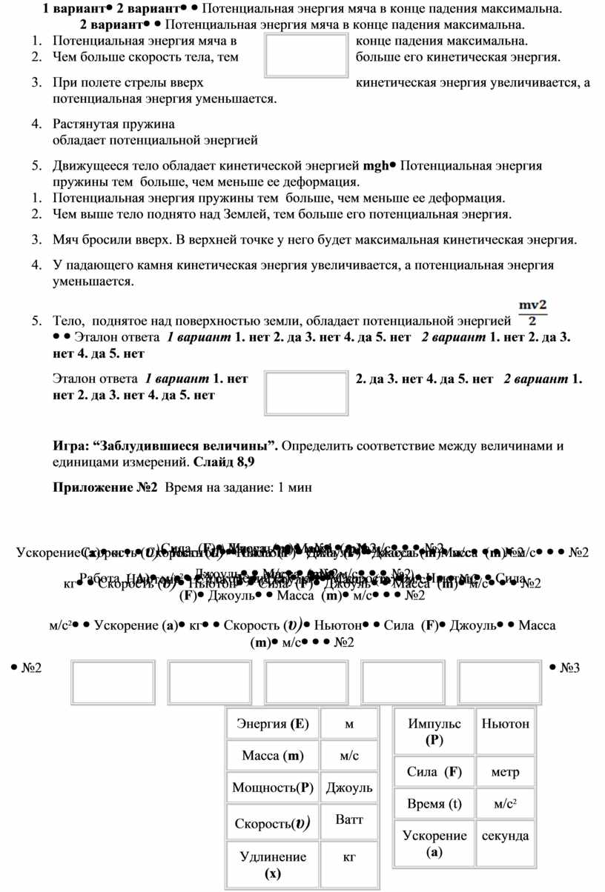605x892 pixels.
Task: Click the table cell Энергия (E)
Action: coord(272,723)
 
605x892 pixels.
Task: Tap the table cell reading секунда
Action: coord(505,836)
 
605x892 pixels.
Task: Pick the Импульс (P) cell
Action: coord(434,731)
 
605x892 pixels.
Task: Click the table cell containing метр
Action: coord(505,772)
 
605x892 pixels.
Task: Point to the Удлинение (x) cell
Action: coord(272,865)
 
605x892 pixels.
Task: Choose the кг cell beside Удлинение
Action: coord(349,857)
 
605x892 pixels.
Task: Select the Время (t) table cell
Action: coord(434,804)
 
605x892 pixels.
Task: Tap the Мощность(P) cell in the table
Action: coord(272,788)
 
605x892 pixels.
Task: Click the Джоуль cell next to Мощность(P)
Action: coord(349,788)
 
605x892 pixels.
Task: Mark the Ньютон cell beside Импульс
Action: coord(505,724)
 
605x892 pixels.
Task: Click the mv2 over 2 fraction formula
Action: coord(532,311)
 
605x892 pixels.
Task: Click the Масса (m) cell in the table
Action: coord(272,756)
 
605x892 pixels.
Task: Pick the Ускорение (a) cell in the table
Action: coord(434,843)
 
